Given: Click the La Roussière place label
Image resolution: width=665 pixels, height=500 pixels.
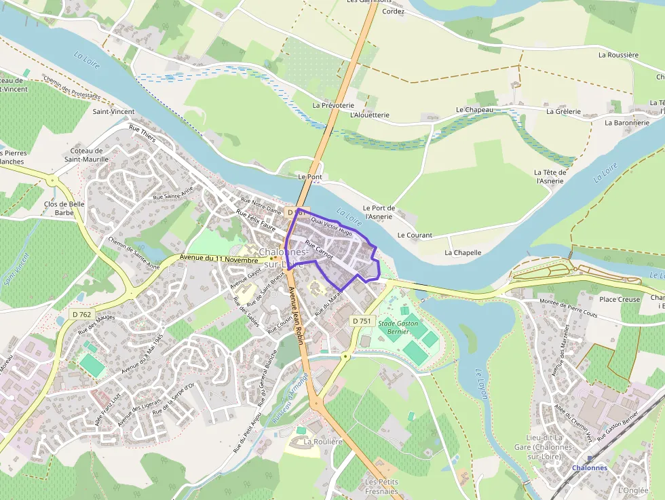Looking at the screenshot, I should (618, 55).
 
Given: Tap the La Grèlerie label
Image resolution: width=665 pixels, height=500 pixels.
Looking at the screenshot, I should (563, 111).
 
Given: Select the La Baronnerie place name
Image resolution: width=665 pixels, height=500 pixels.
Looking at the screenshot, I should (626, 123).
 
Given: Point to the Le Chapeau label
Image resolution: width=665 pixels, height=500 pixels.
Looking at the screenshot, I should (474, 109).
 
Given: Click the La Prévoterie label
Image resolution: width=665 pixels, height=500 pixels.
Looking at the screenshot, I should (333, 106).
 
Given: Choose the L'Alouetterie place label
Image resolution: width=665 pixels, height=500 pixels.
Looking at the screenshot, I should (369, 115).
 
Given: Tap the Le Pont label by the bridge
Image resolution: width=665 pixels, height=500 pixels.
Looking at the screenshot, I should (310, 176).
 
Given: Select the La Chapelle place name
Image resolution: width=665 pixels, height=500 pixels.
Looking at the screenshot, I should (463, 252).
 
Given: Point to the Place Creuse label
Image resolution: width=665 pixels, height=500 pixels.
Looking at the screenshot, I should (620, 299).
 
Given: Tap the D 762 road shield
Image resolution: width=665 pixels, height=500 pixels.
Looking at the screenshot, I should (82, 314).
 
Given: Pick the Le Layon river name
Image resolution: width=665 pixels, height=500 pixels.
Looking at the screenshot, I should (481, 385).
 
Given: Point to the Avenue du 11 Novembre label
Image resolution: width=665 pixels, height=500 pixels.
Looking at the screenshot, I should (221, 258).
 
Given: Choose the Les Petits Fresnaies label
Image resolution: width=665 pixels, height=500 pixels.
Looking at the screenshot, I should (381, 486).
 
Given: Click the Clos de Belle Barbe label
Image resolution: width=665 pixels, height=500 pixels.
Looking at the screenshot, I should (64, 208).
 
